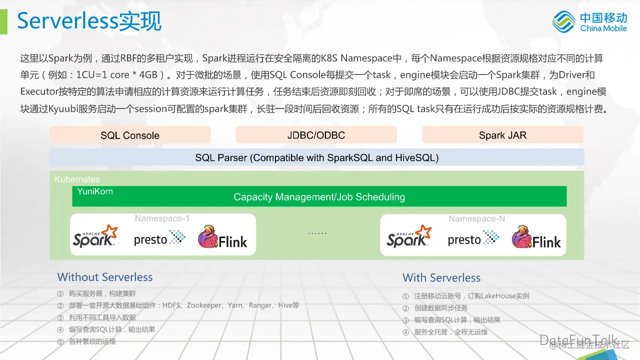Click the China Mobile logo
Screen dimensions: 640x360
pos(589,21)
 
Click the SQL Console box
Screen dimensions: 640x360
pos(130,135)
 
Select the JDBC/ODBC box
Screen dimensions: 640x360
pos(316,135)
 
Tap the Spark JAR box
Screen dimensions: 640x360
pos(502,135)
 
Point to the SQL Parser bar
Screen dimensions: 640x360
pos(316,157)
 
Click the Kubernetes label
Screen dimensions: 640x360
pos(77,179)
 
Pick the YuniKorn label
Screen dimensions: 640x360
pos(95,191)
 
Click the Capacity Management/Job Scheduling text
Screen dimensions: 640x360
pos(319,197)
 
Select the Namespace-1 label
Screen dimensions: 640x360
pos(162,218)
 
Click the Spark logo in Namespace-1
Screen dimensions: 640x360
pos(95,236)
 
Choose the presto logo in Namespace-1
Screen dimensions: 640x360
pos(159,238)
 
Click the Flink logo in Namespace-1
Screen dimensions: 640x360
pos(222,238)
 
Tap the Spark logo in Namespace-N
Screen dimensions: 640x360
pos(409,236)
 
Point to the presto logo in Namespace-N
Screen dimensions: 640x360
pos(473,238)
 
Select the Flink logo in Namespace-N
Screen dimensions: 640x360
pos(536,238)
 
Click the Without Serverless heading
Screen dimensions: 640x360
pos(105,277)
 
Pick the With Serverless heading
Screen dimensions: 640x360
pos(441,277)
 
